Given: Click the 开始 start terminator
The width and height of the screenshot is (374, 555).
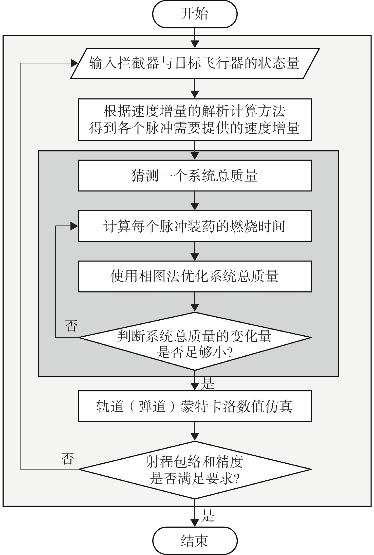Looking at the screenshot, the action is [195, 14].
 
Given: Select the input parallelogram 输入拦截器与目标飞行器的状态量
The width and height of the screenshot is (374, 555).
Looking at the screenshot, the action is [195, 63].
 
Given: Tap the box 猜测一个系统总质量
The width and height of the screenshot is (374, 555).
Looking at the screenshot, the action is [195, 176].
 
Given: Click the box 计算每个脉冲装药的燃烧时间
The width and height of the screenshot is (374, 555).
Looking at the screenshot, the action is [195, 226].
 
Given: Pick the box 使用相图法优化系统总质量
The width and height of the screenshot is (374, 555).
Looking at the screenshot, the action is [195, 276].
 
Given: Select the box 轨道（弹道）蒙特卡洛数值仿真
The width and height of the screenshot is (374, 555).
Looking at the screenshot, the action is [195, 406].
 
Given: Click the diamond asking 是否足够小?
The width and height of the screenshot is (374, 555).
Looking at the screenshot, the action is [195, 341].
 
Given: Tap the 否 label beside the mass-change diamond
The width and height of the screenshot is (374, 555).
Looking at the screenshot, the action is [71, 326].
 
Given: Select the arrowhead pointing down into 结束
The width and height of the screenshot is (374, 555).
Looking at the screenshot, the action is [195, 523].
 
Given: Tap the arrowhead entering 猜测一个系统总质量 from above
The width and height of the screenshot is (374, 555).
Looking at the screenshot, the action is [195, 156].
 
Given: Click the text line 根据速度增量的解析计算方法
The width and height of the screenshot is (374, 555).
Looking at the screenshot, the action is [195, 111].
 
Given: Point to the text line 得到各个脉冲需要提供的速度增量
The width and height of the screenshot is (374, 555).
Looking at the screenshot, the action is [195, 128].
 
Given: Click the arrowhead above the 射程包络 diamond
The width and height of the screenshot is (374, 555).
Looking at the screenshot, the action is [195, 437].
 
